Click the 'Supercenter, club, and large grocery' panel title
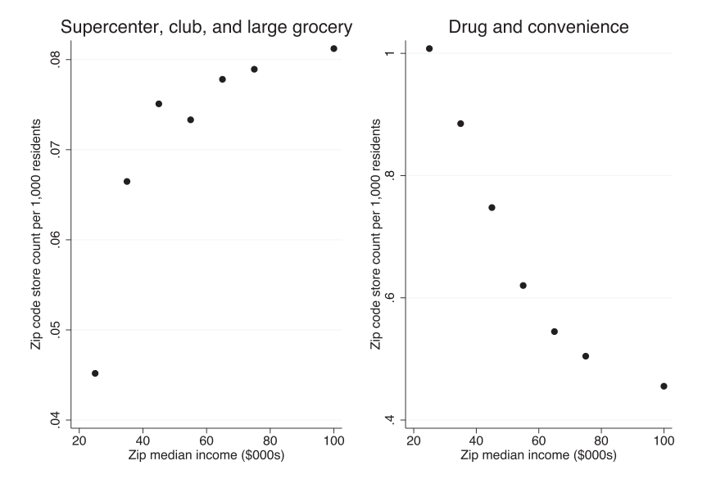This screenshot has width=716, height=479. (206, 27)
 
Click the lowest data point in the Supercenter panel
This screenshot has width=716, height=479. (95, 373)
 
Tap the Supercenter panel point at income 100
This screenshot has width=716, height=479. (333, 48)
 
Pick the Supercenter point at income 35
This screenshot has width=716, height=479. (127, 181)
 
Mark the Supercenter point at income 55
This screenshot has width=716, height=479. (190, 120)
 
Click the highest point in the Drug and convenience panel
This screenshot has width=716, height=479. (429, 48)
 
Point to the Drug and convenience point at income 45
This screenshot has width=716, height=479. (492, 207)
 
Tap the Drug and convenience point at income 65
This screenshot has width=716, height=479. (555, 332)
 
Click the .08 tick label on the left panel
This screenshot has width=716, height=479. (54, 60)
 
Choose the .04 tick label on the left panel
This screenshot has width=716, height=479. (54, 420)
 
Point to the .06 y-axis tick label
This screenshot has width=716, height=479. (54, 240)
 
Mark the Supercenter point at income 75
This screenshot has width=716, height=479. (254, 69)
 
